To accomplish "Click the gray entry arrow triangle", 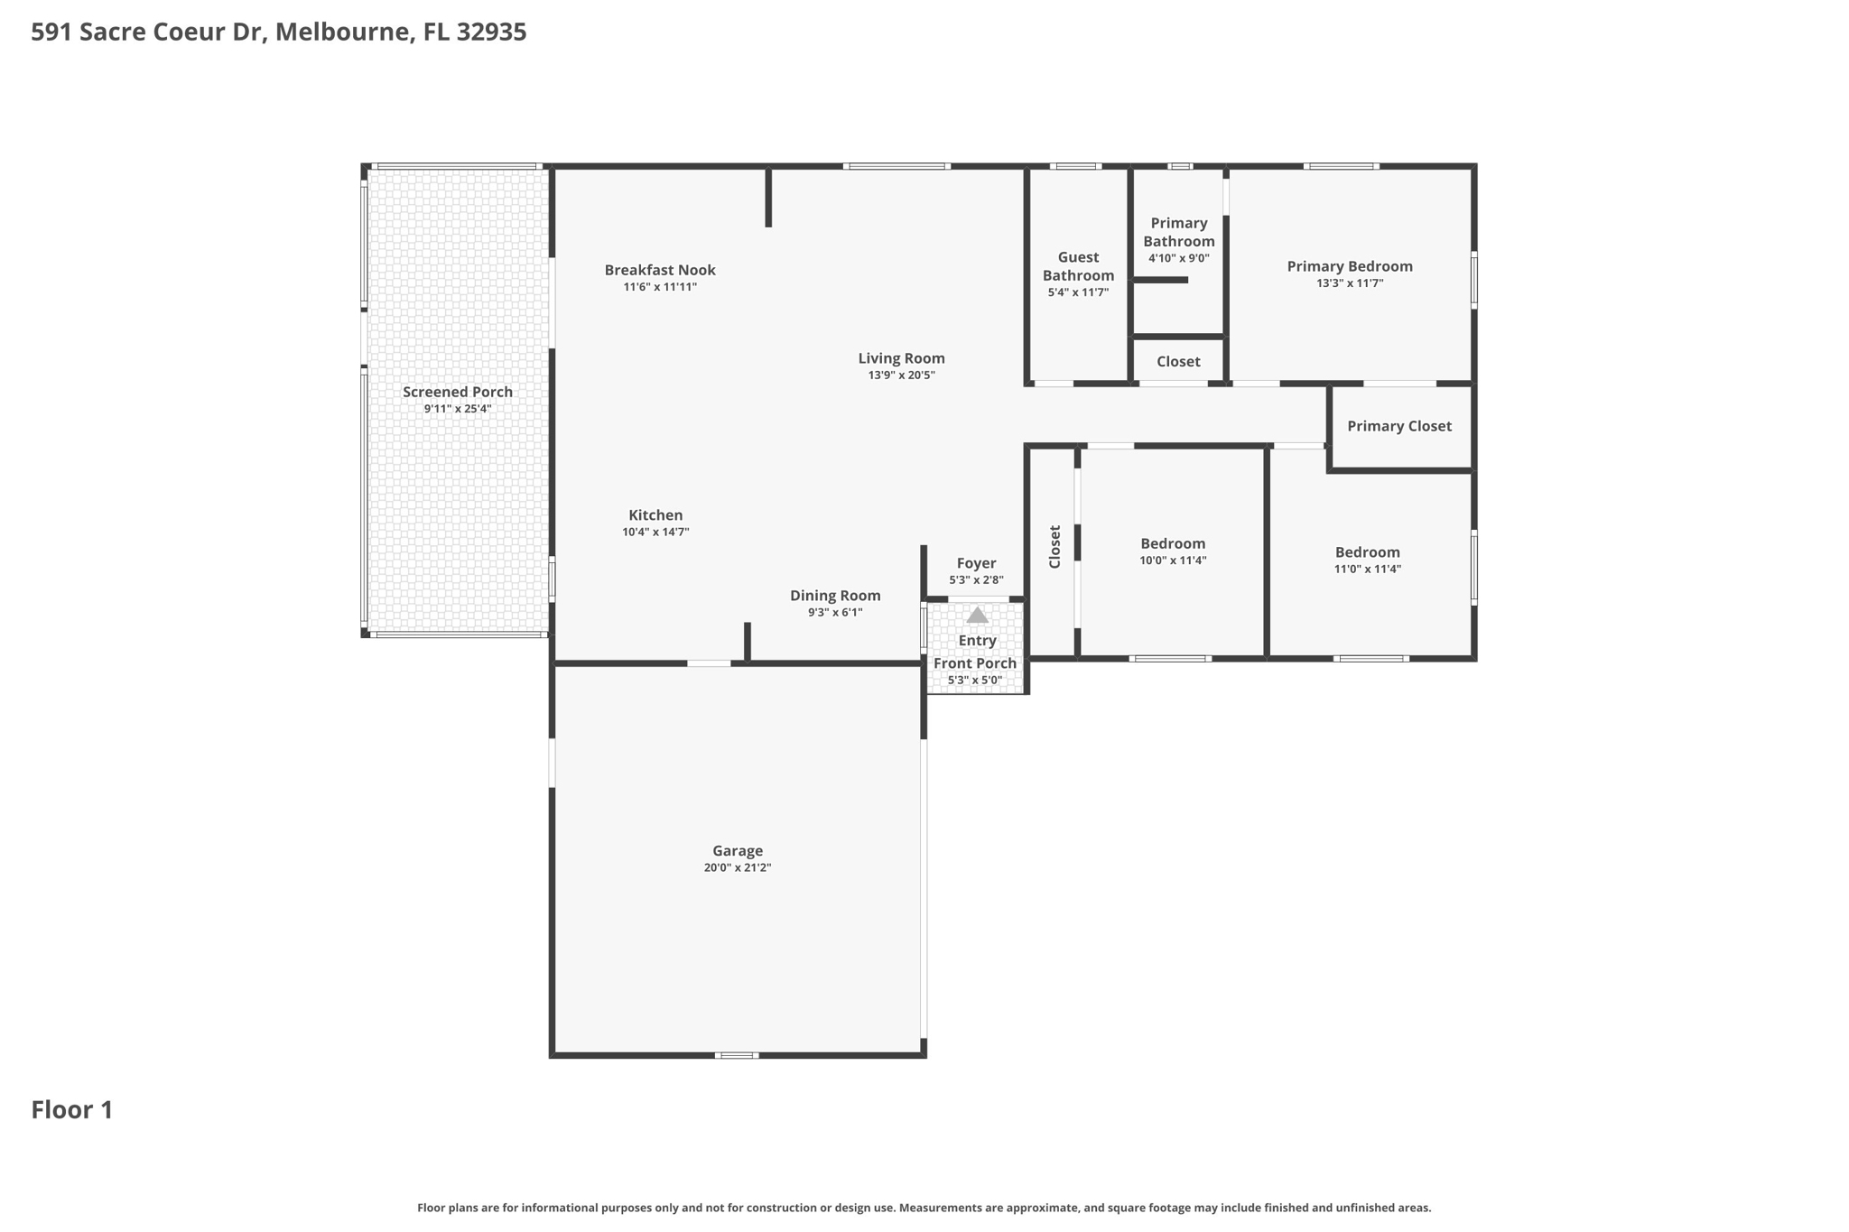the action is click(977, 615).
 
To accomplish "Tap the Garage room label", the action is click(738, 850).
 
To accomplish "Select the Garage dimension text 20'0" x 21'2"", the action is click(738, 867).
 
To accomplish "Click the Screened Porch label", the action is click(458, 392).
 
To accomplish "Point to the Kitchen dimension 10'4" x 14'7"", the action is click(655, 532).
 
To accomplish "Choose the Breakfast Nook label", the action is click(660, 269).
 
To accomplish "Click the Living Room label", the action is click(901, 358).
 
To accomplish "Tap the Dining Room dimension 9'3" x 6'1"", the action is click(835, 612).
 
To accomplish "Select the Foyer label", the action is click(976, 563).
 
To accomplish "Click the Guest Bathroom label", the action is click(1078, 266).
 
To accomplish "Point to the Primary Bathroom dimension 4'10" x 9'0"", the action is click(1178, 258).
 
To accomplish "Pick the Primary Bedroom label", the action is click(1350, 266).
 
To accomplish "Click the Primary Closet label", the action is click(1399, 426).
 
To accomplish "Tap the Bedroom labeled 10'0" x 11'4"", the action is click(1173, 543).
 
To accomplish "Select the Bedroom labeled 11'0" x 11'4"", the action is click(1368, 552).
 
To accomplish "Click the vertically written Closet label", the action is click(1055, 547).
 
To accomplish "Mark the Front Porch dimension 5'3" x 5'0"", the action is click(975, 680).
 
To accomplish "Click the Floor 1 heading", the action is click(72, 1109).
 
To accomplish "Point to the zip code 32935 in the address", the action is click(491, 32).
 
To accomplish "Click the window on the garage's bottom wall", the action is click(737, 1055).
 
